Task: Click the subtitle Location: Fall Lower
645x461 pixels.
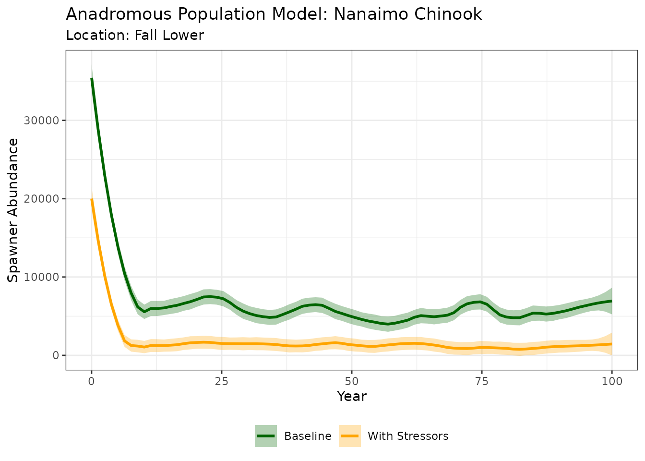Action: tap(135, 36)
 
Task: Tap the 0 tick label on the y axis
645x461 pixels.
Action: tap(56, 355)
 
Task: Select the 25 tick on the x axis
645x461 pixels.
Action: tap(222, 382)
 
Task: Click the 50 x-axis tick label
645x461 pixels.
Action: tap(352, 382)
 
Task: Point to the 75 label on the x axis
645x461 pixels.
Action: tap(482, 382)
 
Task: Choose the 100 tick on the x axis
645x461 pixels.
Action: tap(612, 382)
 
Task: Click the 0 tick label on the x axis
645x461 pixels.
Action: tap(92, 382)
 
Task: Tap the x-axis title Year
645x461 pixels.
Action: tap(352, 397)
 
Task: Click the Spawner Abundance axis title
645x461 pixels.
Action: tap(13, 210)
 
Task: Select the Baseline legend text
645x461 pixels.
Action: tap(308, 436)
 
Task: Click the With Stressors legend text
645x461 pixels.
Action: tap(408, 436)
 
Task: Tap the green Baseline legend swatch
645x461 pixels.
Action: tap(266, 436)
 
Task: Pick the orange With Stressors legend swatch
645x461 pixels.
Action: tap(350, 436)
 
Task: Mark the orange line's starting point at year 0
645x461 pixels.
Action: tap(92, 199)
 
